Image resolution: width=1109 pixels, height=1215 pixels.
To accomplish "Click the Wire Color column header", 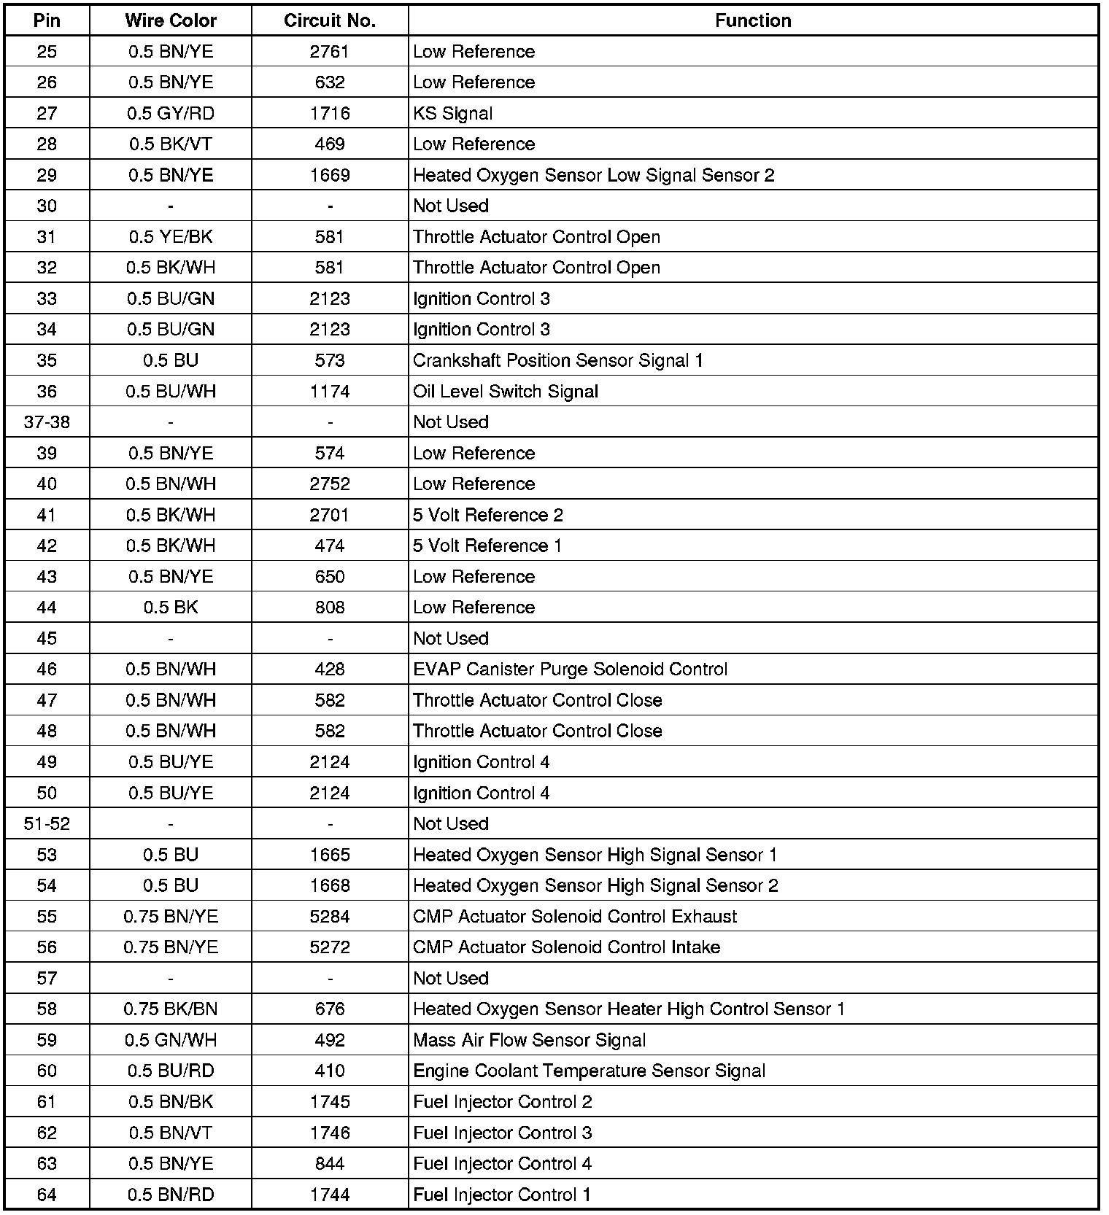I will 170,20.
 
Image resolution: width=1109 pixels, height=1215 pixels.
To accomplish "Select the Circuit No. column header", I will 330,20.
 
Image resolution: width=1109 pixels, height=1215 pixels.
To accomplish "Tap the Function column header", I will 753,20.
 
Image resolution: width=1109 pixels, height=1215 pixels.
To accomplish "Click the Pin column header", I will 47,20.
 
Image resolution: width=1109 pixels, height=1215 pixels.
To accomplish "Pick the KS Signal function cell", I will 452,113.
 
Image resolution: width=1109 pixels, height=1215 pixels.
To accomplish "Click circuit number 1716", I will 330,113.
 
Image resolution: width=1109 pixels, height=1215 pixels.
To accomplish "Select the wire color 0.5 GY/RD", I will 170,113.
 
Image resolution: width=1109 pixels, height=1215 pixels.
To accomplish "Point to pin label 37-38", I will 47,422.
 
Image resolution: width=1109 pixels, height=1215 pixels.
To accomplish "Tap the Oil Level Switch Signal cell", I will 505,391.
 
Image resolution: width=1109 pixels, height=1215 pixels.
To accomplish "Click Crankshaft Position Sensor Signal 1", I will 557,360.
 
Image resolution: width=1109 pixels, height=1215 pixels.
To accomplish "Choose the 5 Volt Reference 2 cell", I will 487,515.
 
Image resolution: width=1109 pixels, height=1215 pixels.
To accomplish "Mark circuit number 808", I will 330,607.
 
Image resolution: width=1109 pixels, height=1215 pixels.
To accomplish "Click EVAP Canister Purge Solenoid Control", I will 570,669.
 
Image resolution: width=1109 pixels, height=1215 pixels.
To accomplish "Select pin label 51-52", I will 47,823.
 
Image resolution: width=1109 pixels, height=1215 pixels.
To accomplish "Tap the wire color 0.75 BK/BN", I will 170,1009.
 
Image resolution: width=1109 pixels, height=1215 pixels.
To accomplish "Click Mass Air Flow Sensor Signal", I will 529,1040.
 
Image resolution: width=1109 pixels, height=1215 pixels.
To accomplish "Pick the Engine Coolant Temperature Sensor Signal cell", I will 589,1071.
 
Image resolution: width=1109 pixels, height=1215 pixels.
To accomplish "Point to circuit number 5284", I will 330,916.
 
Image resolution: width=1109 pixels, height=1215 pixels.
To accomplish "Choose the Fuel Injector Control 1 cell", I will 502,1195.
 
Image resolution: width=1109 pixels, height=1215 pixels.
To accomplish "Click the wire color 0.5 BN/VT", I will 170,1133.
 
